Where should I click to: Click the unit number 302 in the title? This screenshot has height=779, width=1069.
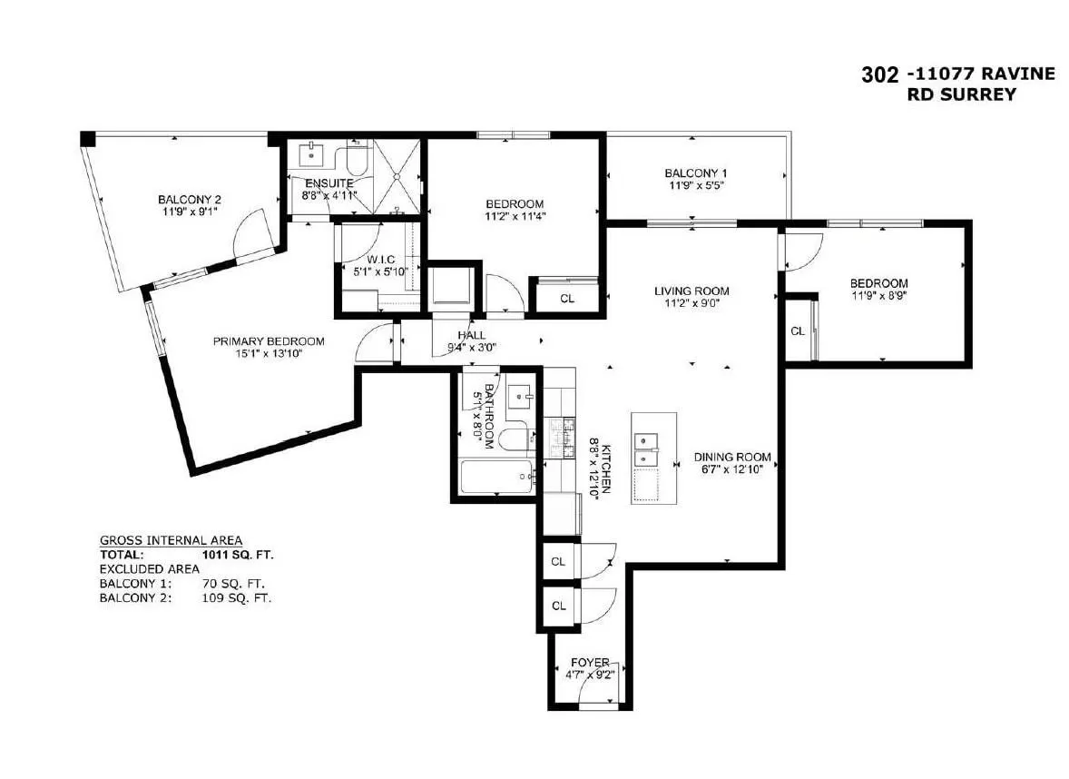pyautogui.click(x=879, y=74)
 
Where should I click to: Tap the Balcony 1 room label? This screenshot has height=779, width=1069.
pyautogui.click(x=695, y=173)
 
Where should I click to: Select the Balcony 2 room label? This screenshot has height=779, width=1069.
pyautogui.click(x=189, y=200)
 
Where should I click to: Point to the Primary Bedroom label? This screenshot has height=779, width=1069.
pyautogui.click(x=269, y=341)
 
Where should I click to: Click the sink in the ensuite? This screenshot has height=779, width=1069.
pyautogui.click(x=314, y=155)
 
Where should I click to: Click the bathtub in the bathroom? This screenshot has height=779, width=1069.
pyautogui.click(x=495, y=477)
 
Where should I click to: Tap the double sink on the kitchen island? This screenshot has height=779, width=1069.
pyautogui.click(x=646, y=442)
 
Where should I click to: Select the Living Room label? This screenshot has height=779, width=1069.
pyautogui.click(x=691, y=291)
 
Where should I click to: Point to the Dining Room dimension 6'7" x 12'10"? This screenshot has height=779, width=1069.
pyautogui.click(x=732, y=469)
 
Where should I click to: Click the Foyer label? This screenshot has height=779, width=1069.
pyautogui.click(x=590, y=663)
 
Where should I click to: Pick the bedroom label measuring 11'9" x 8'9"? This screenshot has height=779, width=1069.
pyautogui.click(x=878, y=283)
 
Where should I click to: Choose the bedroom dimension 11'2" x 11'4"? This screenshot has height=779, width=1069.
pyautogui.click(x=514, y=216)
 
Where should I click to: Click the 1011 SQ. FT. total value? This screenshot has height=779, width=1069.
pyautogui.click(x=238, y=553)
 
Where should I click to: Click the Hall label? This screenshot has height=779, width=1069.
pyautogui.click(x=471, y=335)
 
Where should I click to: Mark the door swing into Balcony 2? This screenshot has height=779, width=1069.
pyautogui.click(x=252, y=232)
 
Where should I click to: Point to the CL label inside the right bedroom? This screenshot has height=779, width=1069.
pyautogui.click(x=797, y=331)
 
